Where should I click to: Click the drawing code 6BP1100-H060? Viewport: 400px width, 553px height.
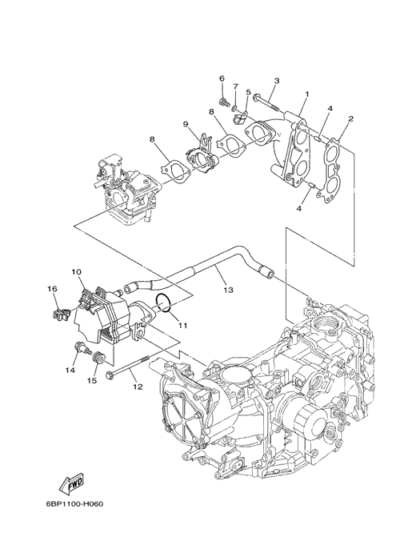(x=74, y=504)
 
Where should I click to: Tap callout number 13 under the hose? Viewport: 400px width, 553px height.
(x=228, y=290)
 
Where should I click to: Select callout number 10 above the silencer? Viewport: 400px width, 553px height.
(x=76, y=272)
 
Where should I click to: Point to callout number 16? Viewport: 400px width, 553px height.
(x=52, y=289)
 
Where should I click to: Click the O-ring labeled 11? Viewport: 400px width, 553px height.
(x=163, y=303)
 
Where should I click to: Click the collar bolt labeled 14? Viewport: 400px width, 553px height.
(x=81, y=348)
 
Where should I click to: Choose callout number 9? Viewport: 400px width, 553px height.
(x=186, y=124)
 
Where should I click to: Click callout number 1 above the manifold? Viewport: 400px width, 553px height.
(x=307, y=94)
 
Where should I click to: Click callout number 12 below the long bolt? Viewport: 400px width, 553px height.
(x=138, y=387)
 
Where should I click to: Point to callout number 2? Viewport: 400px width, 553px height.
(x=350, y=119)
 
